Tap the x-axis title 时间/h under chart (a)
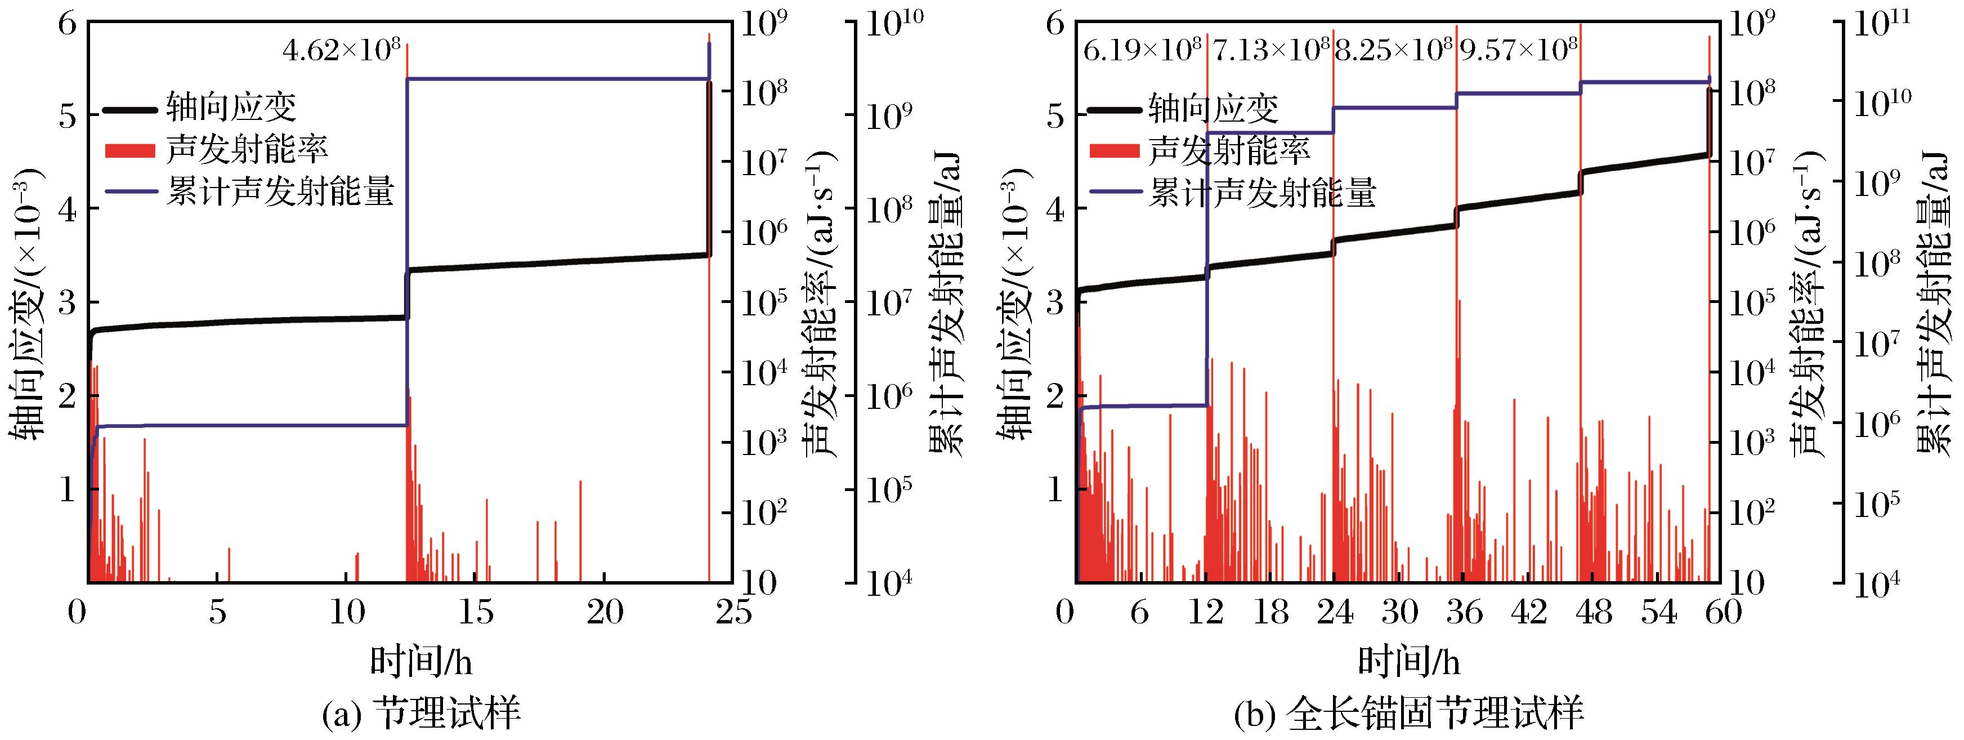[x=421, y=661]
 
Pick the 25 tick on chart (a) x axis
[x=732, y=613]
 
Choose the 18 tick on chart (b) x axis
[x=1270, y=613]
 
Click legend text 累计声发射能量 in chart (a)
[x=280, y=192]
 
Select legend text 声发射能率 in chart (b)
[x=1229, y=150]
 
